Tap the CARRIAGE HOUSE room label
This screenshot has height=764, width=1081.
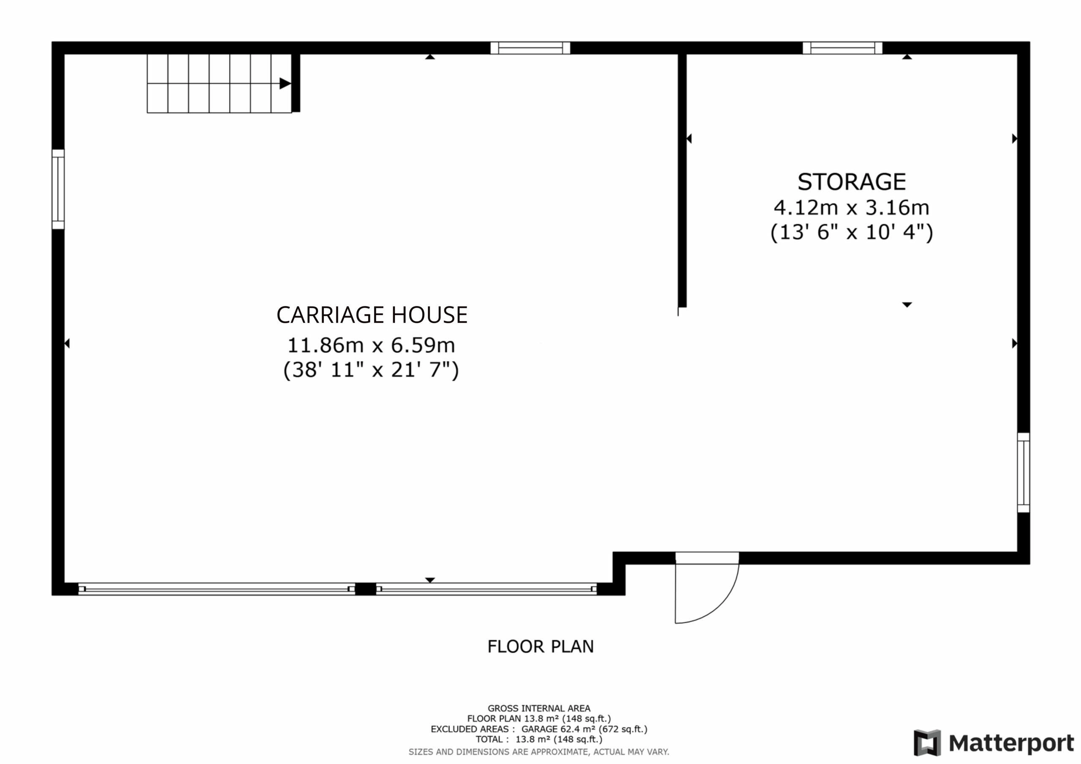click(372, 315)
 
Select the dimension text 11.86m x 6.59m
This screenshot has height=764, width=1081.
click(371, 346)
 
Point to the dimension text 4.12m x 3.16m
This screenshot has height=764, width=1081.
click(851, 208)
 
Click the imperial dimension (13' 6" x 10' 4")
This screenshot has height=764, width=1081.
click(851, 233)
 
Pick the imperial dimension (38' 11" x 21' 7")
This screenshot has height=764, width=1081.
click(371, 371)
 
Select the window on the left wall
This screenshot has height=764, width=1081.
click(58, 189)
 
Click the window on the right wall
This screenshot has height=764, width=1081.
click(1024, 473)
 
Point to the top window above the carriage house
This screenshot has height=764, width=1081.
click(530, 48)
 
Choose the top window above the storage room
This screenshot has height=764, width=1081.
click(842, 48)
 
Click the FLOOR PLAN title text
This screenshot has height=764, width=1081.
click(540, 647)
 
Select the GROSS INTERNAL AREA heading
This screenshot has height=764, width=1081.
click(539, 708)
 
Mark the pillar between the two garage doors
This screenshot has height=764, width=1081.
click(365, 589)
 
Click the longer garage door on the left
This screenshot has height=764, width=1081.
click(217, 589)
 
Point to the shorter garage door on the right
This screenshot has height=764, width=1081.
click(486, 589)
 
